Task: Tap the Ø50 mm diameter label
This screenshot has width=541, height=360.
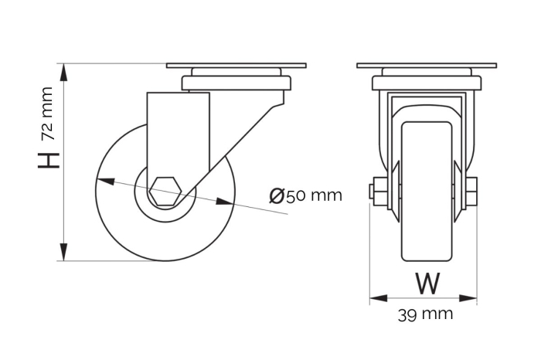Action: click(306, 195)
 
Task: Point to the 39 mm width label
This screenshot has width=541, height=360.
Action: click(425, 314)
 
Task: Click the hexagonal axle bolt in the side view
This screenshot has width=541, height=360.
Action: click(165, 191)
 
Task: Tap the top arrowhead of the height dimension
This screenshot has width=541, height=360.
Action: click(65, 72)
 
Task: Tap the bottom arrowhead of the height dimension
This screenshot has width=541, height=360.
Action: click(65, 253)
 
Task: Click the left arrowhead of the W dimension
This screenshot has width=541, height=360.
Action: click(377, 297)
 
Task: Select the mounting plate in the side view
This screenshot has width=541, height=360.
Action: click(236, 66)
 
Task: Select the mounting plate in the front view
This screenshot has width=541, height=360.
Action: click(427, 66)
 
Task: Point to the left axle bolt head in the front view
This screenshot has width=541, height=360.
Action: click(374, 190)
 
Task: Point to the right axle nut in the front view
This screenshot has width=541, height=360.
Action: click(471, 190)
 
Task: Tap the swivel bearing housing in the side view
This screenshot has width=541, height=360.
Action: click(236, 80)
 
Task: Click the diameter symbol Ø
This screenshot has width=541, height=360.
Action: click(277, 195)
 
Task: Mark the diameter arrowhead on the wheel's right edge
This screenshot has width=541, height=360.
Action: click(225, 202)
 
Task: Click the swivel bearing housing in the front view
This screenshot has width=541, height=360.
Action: click(427, 80)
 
